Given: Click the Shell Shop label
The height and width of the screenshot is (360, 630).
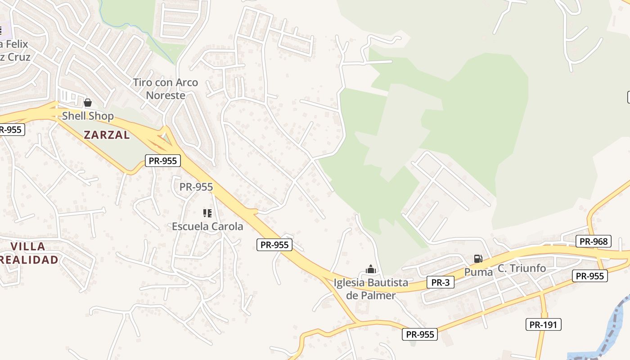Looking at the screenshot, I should (88, 116).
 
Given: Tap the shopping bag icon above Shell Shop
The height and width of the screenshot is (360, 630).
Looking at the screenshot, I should (88, 103).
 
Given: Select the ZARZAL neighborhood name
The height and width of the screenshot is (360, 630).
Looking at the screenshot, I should (107, 135).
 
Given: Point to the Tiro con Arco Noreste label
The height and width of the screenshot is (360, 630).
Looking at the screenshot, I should (166, 89).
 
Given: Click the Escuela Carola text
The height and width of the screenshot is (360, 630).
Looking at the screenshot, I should (207, 226).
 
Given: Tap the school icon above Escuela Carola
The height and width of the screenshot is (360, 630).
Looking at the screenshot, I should (207, 213).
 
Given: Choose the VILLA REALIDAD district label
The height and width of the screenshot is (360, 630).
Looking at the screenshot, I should (30, 253).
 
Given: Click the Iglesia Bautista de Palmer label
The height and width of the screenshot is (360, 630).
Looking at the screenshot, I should (371, 289).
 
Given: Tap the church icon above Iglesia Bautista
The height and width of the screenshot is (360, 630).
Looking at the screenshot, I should (371, 270).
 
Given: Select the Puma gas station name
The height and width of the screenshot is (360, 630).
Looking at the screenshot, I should (478, 272).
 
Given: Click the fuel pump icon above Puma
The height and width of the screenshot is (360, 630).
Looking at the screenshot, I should (478, 259).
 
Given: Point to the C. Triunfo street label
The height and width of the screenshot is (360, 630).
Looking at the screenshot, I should (522, 269).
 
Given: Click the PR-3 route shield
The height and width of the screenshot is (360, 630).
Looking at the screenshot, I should (440, 283).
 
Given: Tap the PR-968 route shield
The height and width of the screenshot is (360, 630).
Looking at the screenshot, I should (593, 242).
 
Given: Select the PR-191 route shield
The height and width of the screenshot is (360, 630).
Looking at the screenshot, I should (544, 324).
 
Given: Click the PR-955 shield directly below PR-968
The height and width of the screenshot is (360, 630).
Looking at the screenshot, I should (589, 276).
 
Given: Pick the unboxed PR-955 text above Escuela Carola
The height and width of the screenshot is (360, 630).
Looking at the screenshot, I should (196, 187).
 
